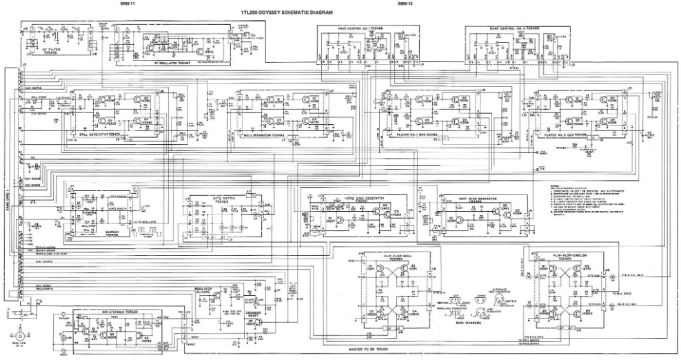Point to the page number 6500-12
pyautogui.click(x=405, y=4)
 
